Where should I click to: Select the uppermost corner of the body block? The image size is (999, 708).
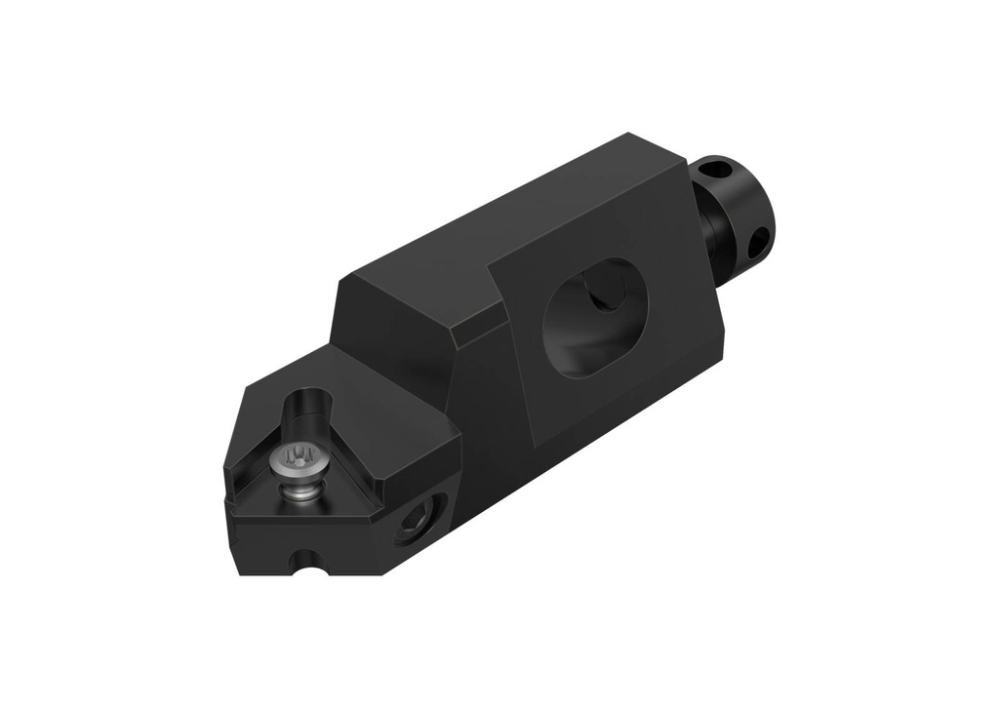coord(635,135)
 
